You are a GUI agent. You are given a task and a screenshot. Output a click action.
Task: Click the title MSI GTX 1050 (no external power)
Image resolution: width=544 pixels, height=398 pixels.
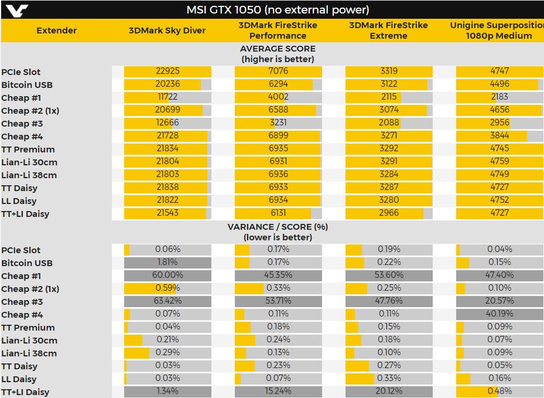click(278, 10)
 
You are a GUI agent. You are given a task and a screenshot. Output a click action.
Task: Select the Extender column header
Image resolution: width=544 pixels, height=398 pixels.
click(56, 30)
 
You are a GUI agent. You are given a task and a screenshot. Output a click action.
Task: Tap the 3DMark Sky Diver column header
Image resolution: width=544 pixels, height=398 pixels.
click(167, 30)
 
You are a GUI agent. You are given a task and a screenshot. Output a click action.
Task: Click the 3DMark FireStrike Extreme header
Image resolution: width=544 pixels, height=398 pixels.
click(388, 30)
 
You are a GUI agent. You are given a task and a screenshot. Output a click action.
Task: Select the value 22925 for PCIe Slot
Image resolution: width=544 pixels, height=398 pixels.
click(167, 72)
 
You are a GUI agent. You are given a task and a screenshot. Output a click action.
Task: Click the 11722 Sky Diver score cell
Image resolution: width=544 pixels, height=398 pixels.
click(167, 97)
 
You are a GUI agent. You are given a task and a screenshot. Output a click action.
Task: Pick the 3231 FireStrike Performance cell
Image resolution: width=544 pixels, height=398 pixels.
click(278, 123)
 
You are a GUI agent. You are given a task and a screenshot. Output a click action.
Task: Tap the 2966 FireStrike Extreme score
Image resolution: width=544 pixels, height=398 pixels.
click(389, 213)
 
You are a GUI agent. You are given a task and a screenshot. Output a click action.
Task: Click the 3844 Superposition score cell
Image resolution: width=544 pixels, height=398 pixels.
click(499, 136)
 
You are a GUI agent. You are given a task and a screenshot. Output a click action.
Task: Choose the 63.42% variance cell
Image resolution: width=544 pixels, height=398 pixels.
click(167, 301)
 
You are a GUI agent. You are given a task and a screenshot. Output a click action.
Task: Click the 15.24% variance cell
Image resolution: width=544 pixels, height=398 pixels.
click(278, 392)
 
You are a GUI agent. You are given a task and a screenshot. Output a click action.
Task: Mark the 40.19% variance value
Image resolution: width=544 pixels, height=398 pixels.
click(499, 314)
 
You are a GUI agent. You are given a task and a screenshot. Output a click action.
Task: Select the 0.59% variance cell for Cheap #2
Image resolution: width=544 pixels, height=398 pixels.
click(167, 288)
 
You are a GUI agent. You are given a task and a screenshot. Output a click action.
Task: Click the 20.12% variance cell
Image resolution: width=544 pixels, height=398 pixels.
click(389, 392)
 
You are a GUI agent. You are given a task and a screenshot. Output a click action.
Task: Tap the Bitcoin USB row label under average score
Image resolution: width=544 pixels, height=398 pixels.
click(27, 85)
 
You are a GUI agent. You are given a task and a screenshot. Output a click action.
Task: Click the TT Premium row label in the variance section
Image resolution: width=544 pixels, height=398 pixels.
click(28, 328)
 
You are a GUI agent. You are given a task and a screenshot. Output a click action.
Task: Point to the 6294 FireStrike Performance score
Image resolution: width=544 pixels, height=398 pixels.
click(278, 84)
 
